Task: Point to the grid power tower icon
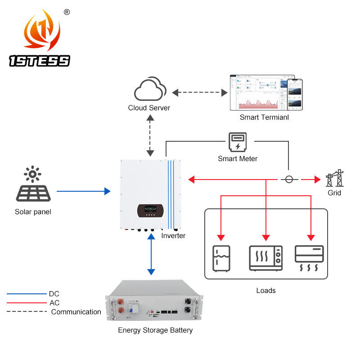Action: point(334,178)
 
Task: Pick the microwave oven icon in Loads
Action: point(265,257)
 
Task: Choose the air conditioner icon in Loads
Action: point(309,258)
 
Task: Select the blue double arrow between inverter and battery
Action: point(151,255)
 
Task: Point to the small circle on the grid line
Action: point(289,180)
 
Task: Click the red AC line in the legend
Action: point(27,303)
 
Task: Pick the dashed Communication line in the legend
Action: point(27,311)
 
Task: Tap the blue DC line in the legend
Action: point(27,294)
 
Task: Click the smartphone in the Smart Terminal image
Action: point(295,95)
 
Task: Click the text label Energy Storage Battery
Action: point(155,330)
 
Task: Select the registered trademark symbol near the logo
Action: point(67,12)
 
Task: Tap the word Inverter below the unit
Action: point(173,235)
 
